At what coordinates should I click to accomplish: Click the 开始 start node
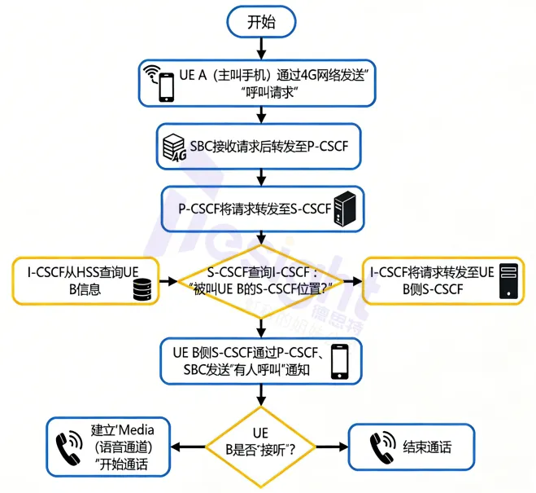pyautogui.click(x=261, y=22)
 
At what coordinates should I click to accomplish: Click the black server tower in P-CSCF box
pyautogui.click(x=348, y=209)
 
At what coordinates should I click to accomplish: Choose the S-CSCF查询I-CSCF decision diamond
pyautogui.click(x=262, y=280)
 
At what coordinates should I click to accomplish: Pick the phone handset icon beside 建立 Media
pyautogui.click(x=70, y=446)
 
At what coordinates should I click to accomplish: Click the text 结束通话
pyautogui.click(x=426, y=446)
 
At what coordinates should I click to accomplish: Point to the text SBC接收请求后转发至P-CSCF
pyautogui.click(x=268, y=147)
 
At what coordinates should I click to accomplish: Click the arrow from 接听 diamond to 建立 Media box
pyautogui.click(x=192, y=446)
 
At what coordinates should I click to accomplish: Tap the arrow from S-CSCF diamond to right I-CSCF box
pyautogui.click(x=352, y=280)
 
